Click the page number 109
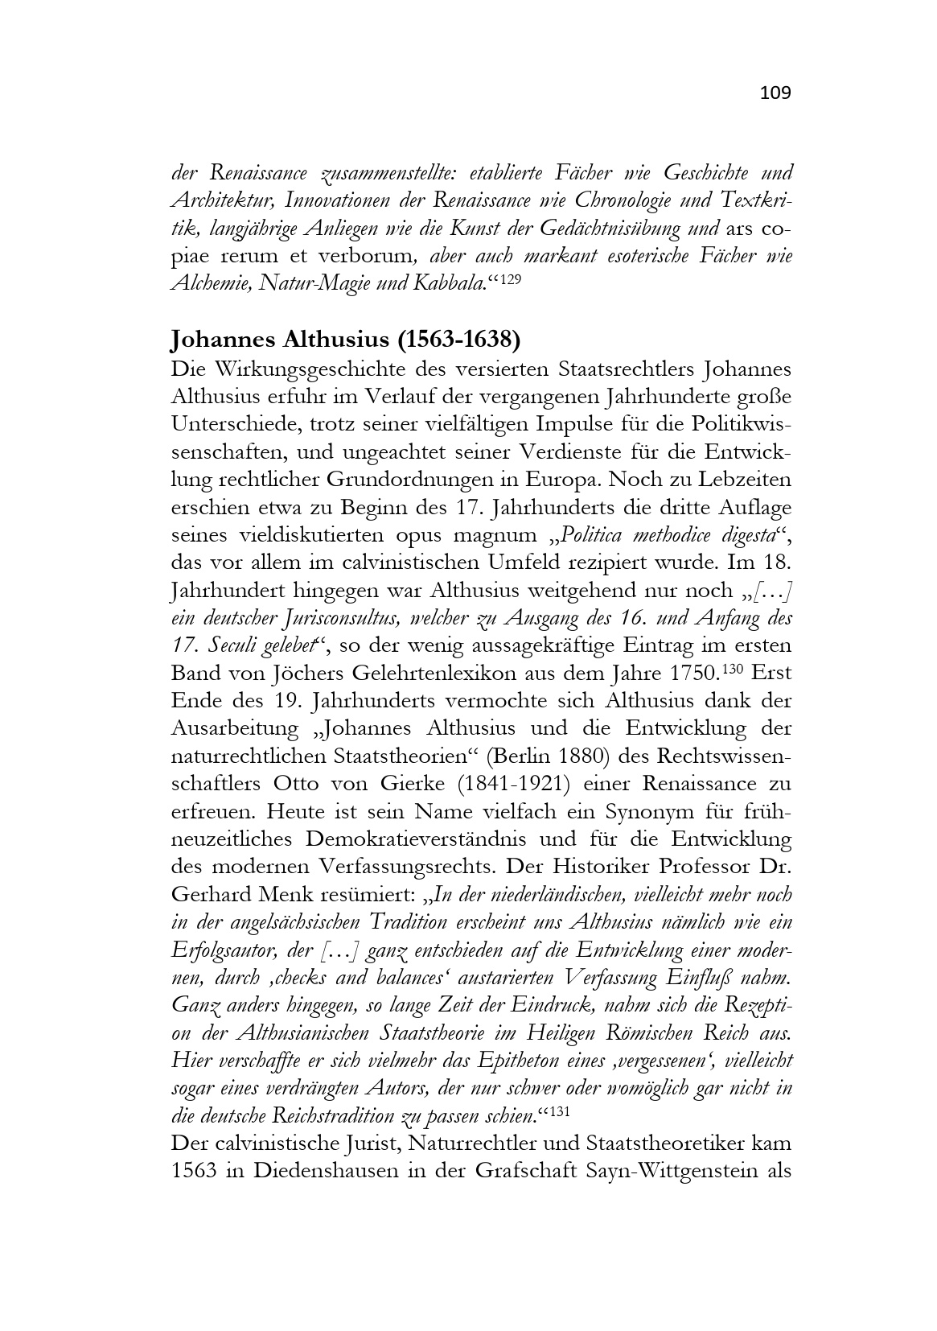click(775, 93)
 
